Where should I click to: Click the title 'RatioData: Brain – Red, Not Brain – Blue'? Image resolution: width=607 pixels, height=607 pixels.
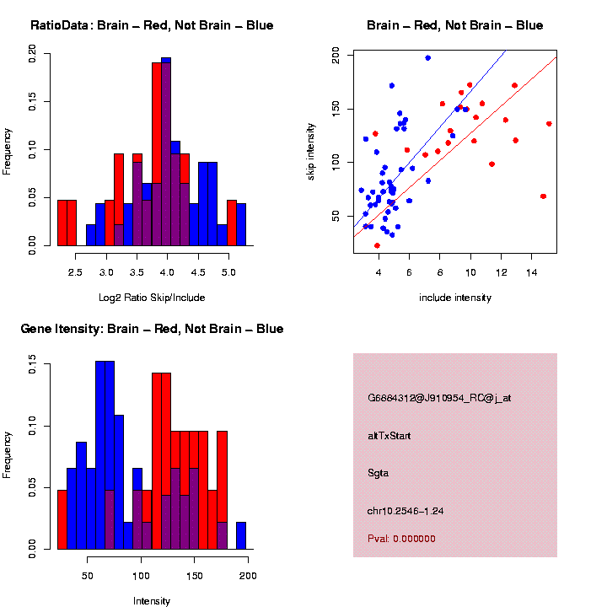152,25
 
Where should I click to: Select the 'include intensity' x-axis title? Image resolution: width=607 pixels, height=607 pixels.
454,297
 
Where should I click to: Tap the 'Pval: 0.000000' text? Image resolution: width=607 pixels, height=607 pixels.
401,539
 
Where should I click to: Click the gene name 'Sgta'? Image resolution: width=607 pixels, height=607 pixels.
379,473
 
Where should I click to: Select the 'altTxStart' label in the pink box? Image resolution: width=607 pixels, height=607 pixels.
389,436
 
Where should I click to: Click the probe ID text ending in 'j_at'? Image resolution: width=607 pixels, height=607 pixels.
439,398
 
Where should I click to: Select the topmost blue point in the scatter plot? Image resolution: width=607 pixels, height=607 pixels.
428,58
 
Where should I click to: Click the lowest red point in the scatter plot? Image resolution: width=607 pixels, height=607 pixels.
377,245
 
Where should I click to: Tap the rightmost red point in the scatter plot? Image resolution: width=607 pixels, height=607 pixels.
549,124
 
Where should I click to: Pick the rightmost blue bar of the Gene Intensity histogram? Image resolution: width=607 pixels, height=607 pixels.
241,535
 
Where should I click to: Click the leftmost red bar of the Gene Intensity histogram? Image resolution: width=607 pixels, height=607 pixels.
62,519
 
